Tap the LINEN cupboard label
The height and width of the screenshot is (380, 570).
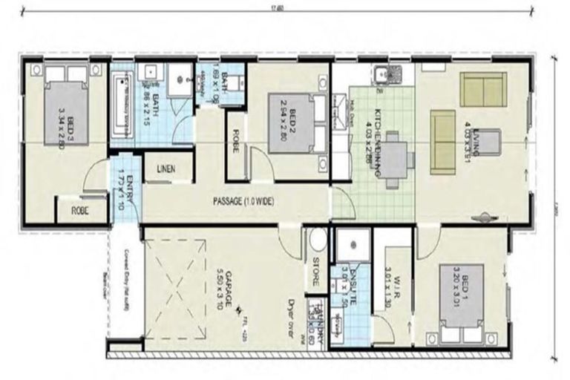tap(166, 169)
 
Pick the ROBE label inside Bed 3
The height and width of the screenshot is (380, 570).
tap(80, 210)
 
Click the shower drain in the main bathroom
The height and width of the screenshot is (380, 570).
tap(178, 82)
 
